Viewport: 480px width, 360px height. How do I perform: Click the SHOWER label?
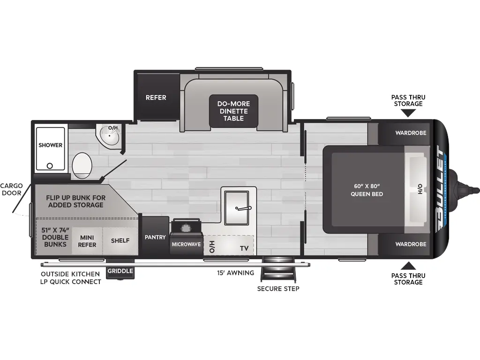50,145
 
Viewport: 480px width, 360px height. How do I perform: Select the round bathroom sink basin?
111,137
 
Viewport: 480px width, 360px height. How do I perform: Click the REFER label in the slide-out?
156,97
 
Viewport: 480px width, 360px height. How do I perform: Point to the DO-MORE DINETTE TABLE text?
233,111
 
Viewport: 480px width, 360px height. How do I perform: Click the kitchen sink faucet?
244,208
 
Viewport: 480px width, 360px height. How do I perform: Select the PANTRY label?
155,237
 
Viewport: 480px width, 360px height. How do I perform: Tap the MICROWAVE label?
186,244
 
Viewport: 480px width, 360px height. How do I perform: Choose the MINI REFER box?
87,241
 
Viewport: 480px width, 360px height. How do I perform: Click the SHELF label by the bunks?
120,241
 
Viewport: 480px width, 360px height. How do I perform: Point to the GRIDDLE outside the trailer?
120,271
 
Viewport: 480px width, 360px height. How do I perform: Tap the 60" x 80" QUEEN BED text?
367,190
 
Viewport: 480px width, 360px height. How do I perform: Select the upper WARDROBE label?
411,133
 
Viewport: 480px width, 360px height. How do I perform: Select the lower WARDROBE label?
411,244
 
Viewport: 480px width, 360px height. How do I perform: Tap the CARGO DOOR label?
11,189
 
